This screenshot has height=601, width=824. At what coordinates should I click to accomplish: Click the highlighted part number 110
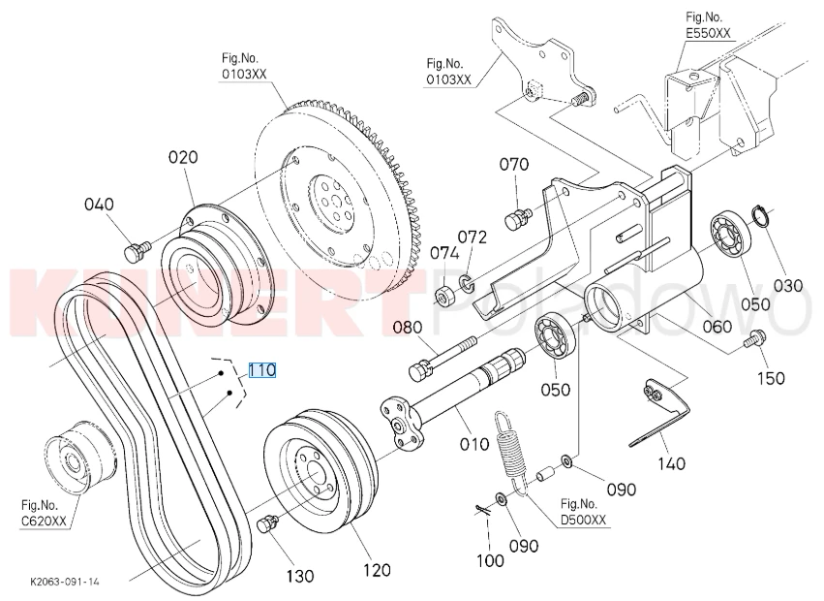(x=261, y=370)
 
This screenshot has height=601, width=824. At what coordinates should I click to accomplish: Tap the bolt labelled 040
(x=137, y=250)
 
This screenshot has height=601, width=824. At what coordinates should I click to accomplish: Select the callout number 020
(x=183, y=157)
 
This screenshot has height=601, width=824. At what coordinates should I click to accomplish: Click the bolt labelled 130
(x=267, y=524)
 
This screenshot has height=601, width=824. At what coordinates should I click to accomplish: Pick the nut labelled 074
(x=444, y=297)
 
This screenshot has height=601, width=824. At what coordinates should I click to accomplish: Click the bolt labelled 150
(x=754, y=338)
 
